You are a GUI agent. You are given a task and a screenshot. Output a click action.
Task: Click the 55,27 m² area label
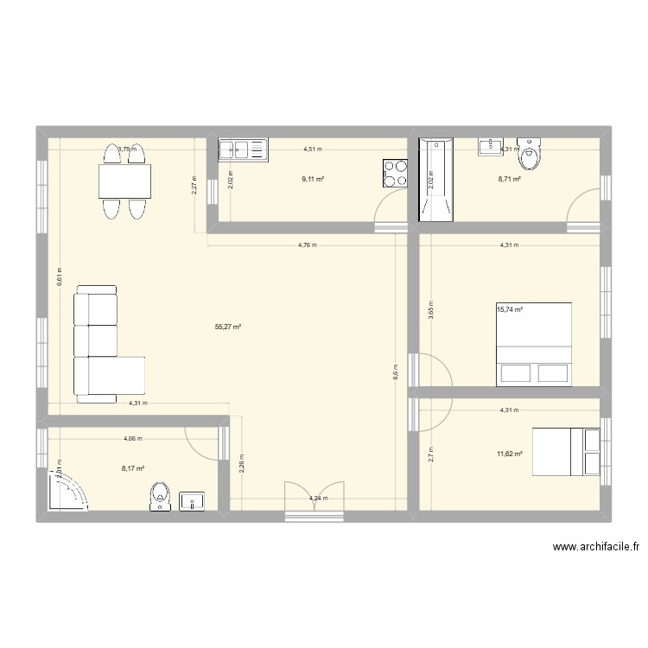click(x=228, y=327)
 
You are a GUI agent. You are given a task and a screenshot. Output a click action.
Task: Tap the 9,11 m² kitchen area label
click(x=313, y=179)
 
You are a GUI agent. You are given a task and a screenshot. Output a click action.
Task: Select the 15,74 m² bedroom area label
click(x=510, y=308)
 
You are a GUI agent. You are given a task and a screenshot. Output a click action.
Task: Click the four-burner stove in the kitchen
click(x=395, y=172)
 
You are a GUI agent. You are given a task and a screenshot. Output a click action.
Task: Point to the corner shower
click(x=70, y=493)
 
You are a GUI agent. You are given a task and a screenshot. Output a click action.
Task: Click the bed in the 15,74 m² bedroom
click(x=534, y=344)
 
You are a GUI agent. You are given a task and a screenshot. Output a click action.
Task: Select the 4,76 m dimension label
click(x=307, y=245)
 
